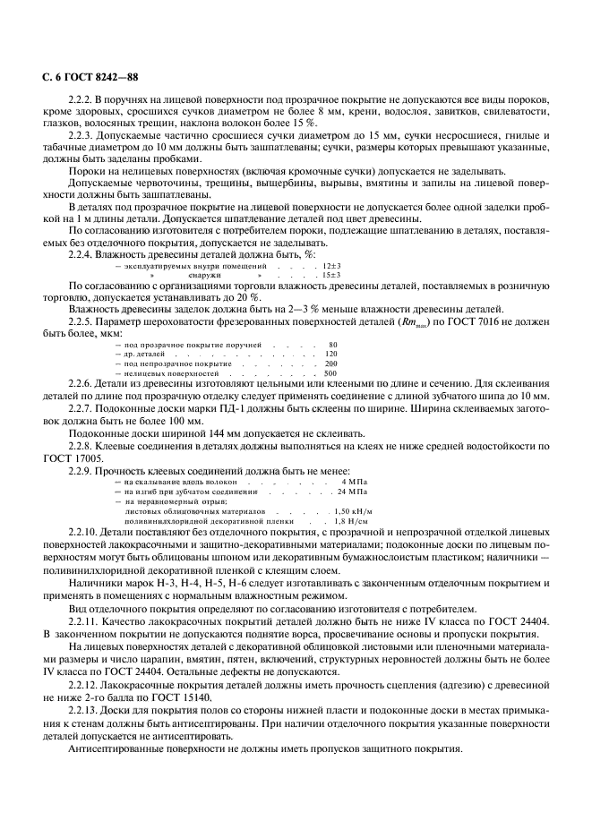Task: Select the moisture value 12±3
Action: (331, 267)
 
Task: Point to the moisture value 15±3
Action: (331, 276)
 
